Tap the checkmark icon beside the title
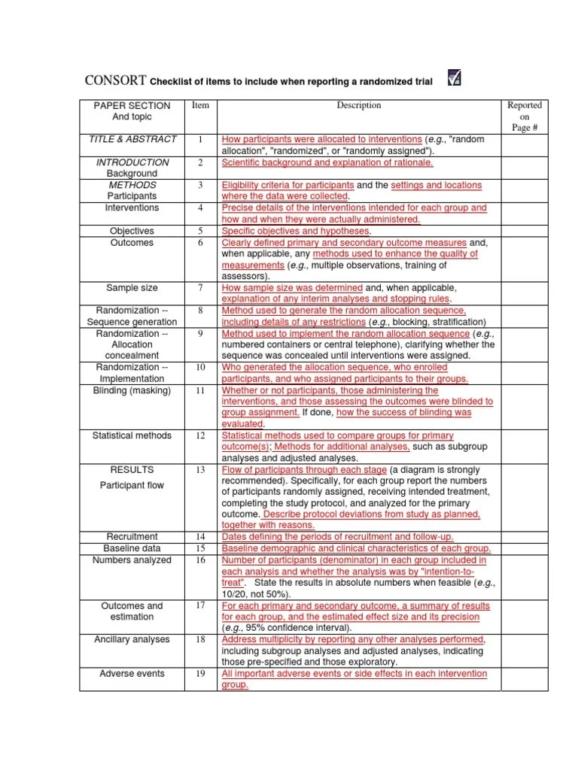pos(455,78)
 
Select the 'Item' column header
pos(200,106)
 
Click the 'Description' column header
pos(358,106)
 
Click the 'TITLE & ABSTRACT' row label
pos(132,139)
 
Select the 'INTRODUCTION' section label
pos(132,162)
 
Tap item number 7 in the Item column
pos(201,288)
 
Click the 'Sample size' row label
pos(132,288)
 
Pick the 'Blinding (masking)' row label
pos(132,391)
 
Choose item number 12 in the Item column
pos(201,436)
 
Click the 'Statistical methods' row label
pos(132,436)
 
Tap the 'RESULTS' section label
pos(132,470)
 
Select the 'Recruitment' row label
pos(132,537)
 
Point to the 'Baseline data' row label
pos(132,548)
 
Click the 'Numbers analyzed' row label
pos(132,560)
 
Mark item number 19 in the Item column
pos(201,675)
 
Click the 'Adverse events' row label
pos(132,675)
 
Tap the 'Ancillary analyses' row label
pos(132,640)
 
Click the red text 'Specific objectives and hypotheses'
pos(295,232)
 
